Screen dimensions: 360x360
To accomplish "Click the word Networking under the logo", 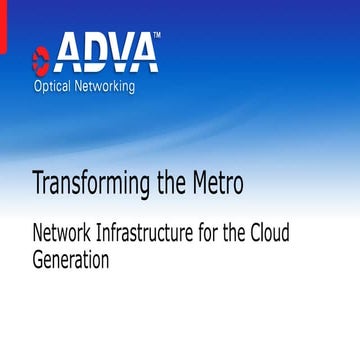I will pos(119,85).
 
